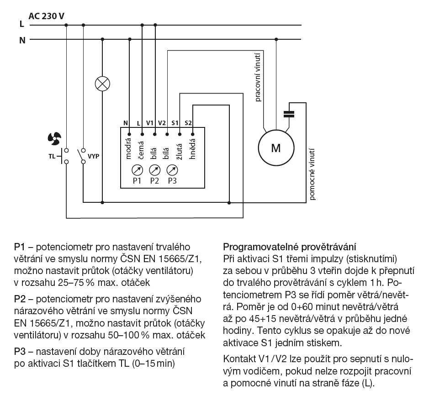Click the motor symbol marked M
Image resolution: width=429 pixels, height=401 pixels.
coord(275,148)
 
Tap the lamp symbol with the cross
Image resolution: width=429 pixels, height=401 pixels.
coord(102,84)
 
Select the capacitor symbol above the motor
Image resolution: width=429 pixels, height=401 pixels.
coord(289,113)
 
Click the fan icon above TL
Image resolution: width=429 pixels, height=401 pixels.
coord(54,137)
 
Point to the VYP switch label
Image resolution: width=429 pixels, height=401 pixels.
coord(94,156)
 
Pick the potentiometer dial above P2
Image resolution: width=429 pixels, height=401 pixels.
coord(154,170)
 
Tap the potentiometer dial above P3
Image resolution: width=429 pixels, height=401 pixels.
coord(172,170)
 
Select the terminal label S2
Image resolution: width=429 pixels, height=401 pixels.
coord(189,123)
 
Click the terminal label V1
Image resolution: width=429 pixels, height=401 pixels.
coord(150,123)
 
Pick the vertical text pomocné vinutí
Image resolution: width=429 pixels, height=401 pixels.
coord(312,174)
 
